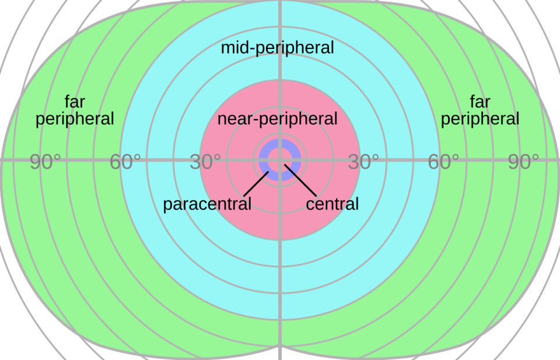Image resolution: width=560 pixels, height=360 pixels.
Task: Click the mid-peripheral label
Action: pos(277,48)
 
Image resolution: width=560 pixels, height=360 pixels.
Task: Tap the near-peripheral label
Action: pos(277,119)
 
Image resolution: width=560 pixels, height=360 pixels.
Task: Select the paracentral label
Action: pos(207,204)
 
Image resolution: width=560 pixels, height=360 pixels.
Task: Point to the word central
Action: pos(332,204)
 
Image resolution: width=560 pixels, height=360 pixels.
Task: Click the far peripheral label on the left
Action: pos(75,111)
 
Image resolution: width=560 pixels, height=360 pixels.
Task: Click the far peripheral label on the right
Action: pos(480,111)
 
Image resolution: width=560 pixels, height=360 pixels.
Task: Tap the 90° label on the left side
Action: pos(45,163)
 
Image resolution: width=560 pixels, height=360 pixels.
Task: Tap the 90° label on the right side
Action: pos(523,163)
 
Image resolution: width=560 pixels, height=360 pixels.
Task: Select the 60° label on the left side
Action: pos(125,163)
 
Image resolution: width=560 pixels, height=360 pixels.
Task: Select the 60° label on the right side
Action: pos(443,163)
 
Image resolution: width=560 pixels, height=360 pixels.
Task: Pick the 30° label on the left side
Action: pos(205,163)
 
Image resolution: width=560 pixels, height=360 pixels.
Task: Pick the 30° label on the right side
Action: pos(363,163)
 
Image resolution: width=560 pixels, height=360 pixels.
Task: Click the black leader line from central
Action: pos(300,181)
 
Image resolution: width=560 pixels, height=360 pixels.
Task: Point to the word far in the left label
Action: pos(75,103)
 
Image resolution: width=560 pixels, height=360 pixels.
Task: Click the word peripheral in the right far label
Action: pos(480,120)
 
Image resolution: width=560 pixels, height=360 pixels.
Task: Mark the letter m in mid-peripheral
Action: pos(227,48)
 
